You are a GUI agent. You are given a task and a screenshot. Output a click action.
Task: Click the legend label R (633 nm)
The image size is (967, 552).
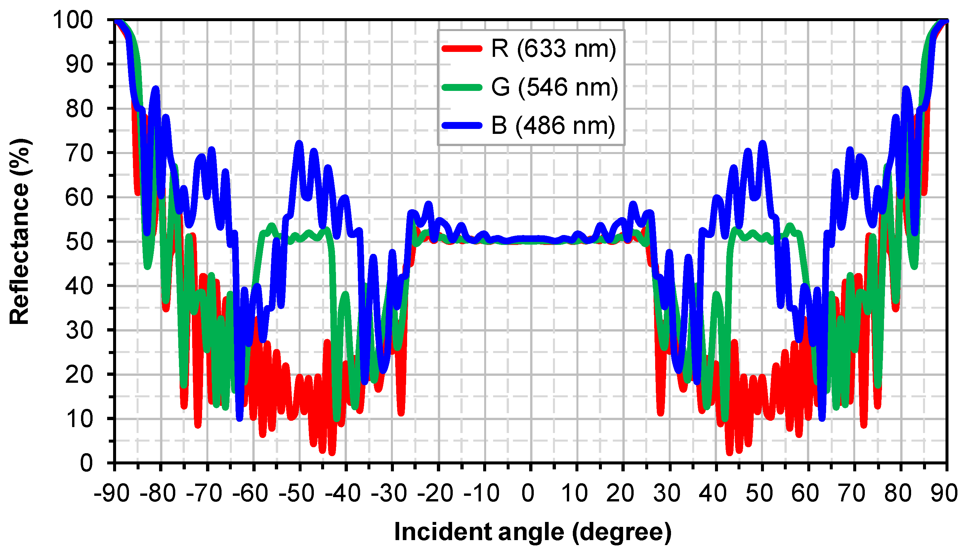(x=553, y=49)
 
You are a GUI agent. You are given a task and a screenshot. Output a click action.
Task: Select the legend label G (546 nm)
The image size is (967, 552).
(x=554, y=87)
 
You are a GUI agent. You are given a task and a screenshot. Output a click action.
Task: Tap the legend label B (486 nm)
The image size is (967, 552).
(x=553, y=126)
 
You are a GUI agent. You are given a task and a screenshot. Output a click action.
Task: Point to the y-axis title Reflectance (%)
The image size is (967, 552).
(x=20, y=231)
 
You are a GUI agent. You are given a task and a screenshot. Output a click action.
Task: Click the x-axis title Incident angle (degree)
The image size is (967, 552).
(x=532, y=532)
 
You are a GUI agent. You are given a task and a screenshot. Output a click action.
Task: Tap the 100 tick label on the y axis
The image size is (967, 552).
(x=72, y=20)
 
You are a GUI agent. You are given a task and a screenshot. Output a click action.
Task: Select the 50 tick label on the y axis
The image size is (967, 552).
(x=79, y=242)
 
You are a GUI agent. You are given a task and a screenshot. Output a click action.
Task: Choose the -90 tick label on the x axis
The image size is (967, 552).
(x=111, y=493)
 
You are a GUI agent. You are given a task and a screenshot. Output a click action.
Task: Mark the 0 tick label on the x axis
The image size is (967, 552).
(x=528, y=493)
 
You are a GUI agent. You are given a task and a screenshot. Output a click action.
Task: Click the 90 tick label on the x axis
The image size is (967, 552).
(x=944, y=493)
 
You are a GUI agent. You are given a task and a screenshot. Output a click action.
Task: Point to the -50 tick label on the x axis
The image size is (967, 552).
(x=296, y=493)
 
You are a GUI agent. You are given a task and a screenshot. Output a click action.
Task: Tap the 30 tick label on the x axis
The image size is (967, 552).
(x=667, y=493)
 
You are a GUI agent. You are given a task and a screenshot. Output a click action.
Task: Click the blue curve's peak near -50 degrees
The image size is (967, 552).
(x=299, y=144)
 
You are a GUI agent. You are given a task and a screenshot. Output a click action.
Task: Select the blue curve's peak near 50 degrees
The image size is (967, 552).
(x=762, y=144)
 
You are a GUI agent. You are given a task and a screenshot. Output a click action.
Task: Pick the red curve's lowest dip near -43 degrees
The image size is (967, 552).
(x=332, y=452)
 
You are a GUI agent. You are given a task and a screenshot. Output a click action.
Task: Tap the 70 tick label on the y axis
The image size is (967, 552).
(x=79, y=153)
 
